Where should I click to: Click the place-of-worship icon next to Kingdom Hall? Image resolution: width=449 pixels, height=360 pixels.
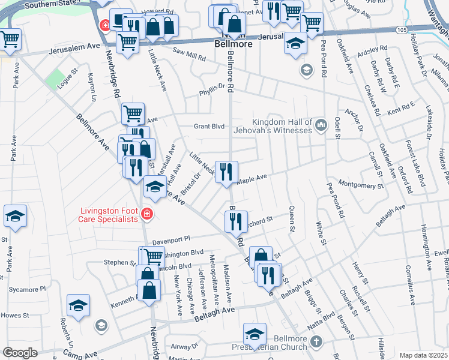(x=321, y=125)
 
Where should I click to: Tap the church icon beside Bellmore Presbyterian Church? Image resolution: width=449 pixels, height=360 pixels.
(x=316, y=343)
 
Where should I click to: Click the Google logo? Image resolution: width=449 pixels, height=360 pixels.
(x=20, y=353)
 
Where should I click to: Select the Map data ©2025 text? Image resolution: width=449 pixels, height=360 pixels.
(x=423, y=355)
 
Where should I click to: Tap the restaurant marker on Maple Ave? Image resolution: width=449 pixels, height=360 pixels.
(x=227, y=172)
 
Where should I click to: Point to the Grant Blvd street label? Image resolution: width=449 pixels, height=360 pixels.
(x=208, y=127)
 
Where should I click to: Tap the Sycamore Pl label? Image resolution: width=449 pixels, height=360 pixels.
(x=27, y=289)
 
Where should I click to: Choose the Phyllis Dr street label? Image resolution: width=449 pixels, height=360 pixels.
(x=212, y=93)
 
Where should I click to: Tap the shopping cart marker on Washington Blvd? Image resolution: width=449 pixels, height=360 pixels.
(x=154, y=256)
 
